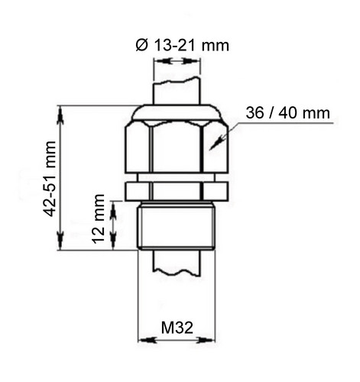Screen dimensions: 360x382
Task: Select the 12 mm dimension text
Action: pos(99,219)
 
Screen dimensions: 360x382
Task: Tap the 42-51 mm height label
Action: pos(49,179)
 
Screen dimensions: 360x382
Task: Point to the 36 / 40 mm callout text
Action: pos(287,113)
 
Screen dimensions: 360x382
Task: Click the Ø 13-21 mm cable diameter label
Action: pos(183,46)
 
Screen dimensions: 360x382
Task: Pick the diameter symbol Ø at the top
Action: pos(141,46)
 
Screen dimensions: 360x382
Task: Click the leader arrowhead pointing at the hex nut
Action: pos(215,144)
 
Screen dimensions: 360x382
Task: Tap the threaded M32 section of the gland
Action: pos(177,225)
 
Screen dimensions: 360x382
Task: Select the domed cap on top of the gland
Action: pos(176,112)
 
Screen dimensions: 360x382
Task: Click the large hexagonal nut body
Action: pos(176,147)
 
